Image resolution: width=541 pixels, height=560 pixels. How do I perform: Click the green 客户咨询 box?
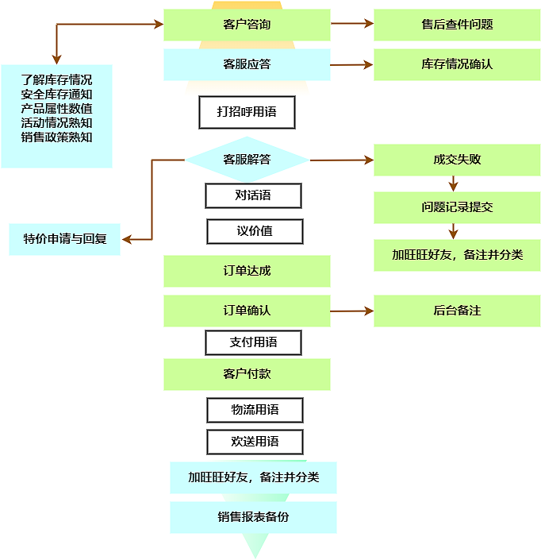tap(247, 25)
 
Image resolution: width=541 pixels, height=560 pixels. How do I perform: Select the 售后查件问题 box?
tap(457, 25)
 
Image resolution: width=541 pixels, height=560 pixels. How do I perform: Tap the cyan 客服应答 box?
tap(247, 64)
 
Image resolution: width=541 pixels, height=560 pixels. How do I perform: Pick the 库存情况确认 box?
tap(457, 64)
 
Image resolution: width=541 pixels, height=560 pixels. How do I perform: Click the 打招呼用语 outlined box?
tap(247, 112)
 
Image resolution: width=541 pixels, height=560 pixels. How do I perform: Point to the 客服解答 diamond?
tap(247, 160)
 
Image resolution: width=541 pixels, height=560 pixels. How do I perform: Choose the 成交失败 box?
tap(457, 160)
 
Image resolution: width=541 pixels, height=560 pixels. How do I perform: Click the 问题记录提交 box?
tap(457, 207)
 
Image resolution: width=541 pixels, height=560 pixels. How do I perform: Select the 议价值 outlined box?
tap(255, 231)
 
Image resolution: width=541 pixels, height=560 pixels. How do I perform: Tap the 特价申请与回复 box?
tap(64, 239)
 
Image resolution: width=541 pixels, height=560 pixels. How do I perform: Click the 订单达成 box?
tap(247, 271)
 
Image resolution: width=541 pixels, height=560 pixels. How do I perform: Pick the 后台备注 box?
tap(457, 311)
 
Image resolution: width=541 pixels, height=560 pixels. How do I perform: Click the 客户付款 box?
tap(247, 374)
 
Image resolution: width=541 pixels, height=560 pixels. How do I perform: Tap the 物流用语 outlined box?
tap(255, 410)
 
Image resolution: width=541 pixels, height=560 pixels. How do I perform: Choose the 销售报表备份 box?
tap(253, 517)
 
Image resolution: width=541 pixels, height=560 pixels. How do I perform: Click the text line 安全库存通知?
tap(56, 94)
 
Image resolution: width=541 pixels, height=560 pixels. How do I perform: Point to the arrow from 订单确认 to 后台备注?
tap(351, 311)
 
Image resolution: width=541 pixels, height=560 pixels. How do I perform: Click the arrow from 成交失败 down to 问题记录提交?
tap(453, 183)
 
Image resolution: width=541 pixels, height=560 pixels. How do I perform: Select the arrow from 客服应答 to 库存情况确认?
tap(351, 64)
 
